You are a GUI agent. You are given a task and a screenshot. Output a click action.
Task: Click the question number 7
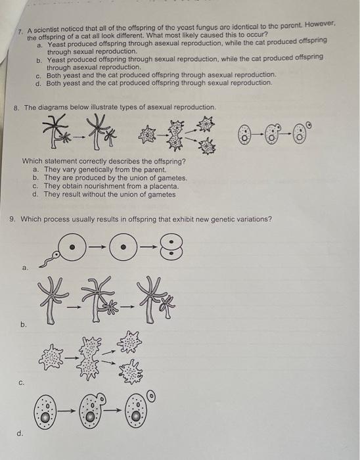[20, 32]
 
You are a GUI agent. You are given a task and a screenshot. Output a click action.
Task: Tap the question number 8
[16, 107]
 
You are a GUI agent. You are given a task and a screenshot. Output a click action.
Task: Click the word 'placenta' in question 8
[161, 186]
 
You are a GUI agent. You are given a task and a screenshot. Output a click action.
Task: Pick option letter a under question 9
[25, 268]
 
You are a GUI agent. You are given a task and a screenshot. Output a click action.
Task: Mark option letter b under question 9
[24, 324]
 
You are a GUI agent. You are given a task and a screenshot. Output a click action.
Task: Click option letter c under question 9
[22, 380]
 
